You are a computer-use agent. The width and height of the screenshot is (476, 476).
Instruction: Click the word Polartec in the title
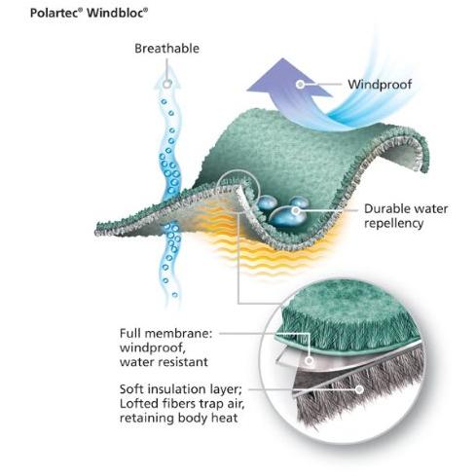(55, 13)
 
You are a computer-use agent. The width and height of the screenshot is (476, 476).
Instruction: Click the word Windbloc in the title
(116, 13)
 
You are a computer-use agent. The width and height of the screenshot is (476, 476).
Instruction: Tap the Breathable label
(166, 49)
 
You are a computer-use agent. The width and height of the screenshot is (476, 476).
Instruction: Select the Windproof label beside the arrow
(380, 85)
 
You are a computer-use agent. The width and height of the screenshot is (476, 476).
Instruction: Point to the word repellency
(393, 223)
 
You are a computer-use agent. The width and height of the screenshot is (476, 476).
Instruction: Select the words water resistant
(164, 362)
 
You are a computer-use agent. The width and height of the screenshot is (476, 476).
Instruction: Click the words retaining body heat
(179, 418)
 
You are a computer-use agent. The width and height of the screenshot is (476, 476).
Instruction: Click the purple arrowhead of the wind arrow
(285, 78)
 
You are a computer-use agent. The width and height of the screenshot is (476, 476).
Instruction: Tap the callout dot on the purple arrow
(301, 85)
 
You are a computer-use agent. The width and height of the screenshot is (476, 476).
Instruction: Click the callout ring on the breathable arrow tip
(166, 85)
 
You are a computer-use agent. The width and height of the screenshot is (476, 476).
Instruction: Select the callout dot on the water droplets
(295, 211)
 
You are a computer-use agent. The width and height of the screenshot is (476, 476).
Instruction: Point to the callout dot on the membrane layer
(310, 360)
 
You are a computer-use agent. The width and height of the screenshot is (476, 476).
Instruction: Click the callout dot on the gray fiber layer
(359, 389)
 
